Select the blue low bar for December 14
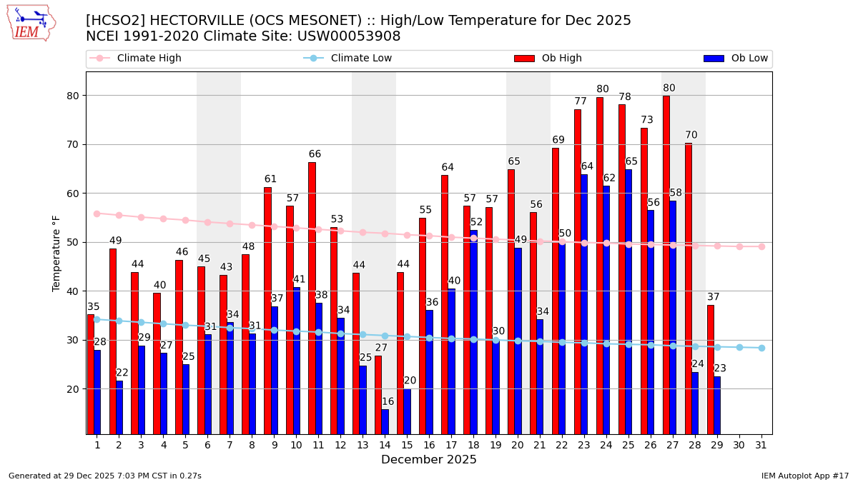(385, 421)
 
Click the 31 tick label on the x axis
(761, 445)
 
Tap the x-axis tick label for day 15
(407, 445)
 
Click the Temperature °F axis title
(56, 253)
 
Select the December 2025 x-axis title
(428, 460)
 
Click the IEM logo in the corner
(31, 23)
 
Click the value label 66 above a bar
(315, 154)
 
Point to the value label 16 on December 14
(388, 402)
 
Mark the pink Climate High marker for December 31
(761, 246)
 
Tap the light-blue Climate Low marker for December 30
(739, 347)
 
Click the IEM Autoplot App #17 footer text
(804, 476)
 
